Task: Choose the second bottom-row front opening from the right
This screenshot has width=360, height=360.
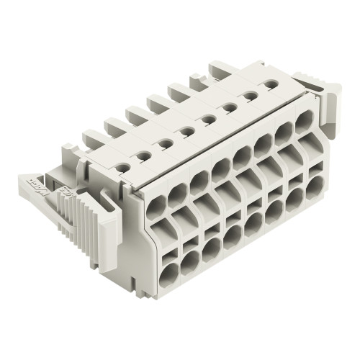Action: click(x=295, y=198)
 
